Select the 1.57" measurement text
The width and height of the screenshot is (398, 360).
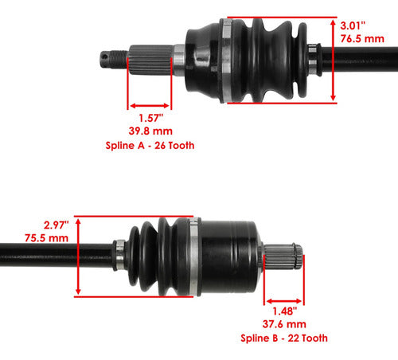[150, 117]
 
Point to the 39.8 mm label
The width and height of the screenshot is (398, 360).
[150, 131]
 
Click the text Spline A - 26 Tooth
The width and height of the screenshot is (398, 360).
[150, 146]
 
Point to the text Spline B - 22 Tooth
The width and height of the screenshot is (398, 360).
[283, 338]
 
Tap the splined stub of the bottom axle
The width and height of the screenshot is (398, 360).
[283, 258]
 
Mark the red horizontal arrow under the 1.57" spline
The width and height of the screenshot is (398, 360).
[149, 104]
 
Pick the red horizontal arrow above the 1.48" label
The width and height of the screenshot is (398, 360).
[283, 294]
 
